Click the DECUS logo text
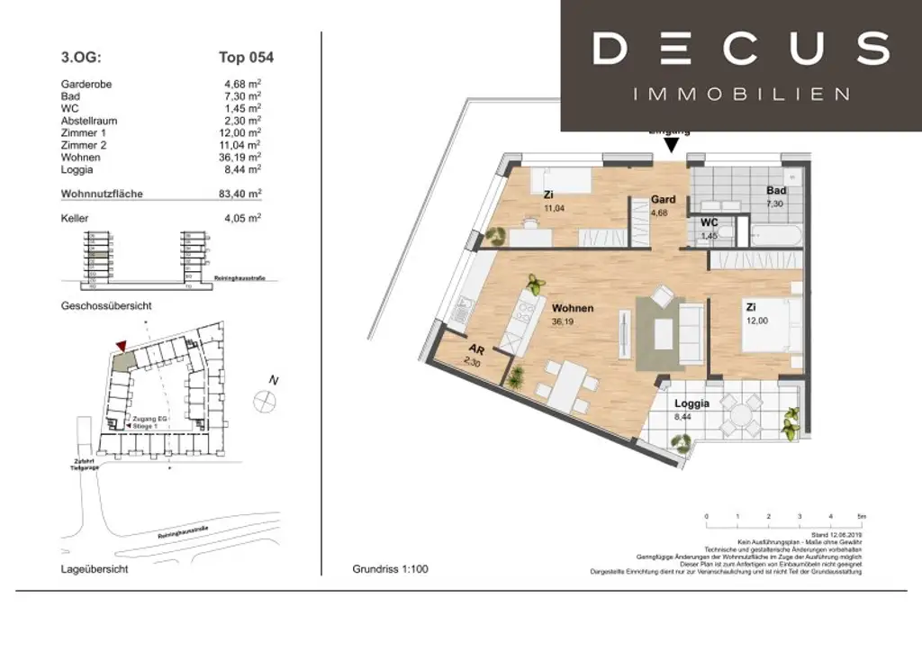(741, 49)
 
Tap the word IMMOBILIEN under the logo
(741, 95)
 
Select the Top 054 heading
(246, 58)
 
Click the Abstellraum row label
(88, 121)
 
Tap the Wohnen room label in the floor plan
(573, 308)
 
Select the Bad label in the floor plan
(776, 191)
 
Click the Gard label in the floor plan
(664, 199)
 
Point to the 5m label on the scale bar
(861, 516)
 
